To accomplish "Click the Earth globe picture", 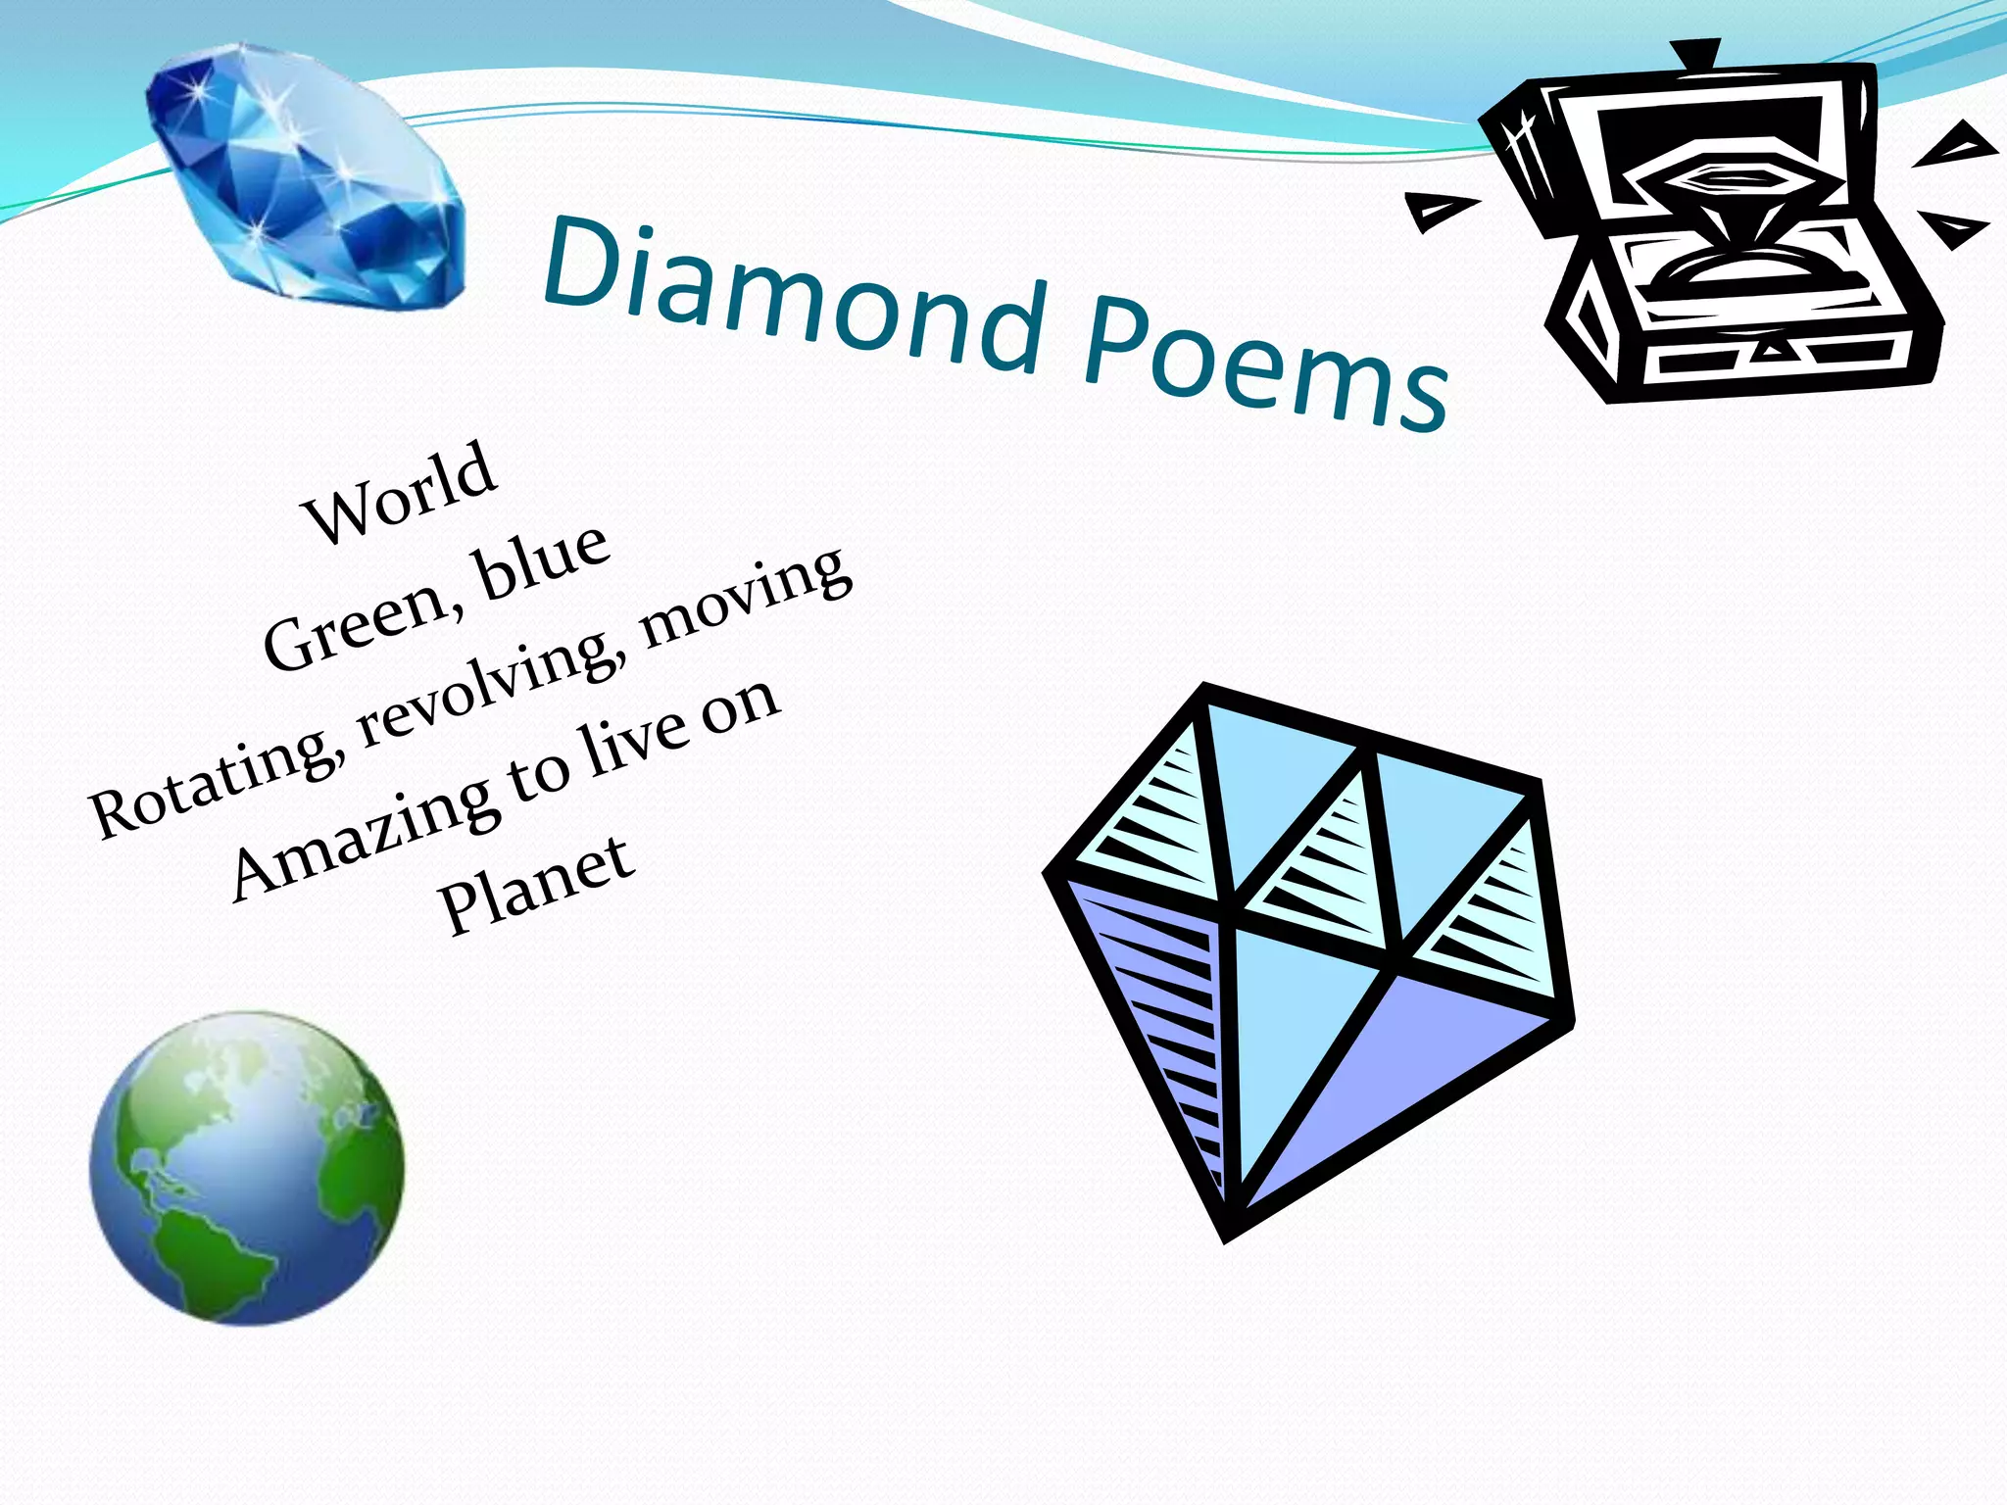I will tap(247, 1168).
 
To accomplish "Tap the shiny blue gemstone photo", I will tap(306, 176).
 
